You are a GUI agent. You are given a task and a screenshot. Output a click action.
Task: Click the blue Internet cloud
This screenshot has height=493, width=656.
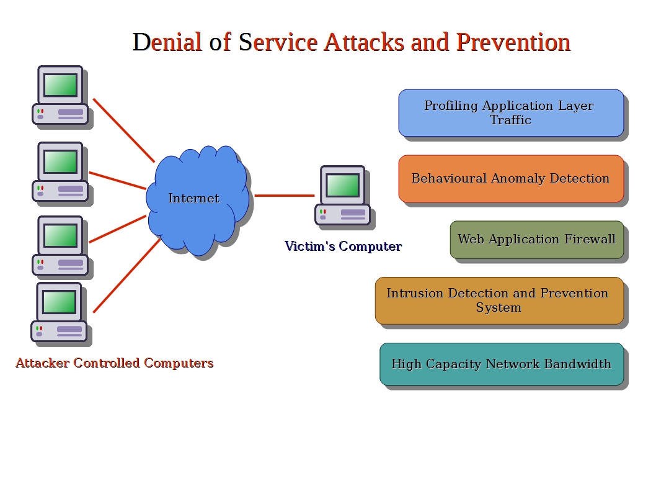tap(197, 200)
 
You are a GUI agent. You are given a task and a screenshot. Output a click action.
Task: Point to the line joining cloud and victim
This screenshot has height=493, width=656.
tap(285, 195)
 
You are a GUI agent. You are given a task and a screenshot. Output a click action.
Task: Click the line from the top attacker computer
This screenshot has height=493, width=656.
tap(124, 130)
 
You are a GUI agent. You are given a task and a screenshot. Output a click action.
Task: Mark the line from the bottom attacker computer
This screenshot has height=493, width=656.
tap(126, 276)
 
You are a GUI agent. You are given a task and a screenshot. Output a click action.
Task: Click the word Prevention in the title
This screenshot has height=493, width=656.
tap(513, 42)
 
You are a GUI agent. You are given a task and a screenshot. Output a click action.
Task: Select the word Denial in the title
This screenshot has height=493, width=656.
tap(167, 42)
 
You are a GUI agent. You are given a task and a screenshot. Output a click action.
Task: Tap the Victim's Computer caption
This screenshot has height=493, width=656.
tap(343, 246)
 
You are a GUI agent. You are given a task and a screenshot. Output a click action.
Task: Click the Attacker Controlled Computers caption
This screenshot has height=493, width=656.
tap(115, 363)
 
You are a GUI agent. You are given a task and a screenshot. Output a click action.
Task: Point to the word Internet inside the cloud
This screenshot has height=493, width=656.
tap(193, 198)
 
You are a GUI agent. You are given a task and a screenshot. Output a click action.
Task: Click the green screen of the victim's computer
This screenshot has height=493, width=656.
tap(343, 184)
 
